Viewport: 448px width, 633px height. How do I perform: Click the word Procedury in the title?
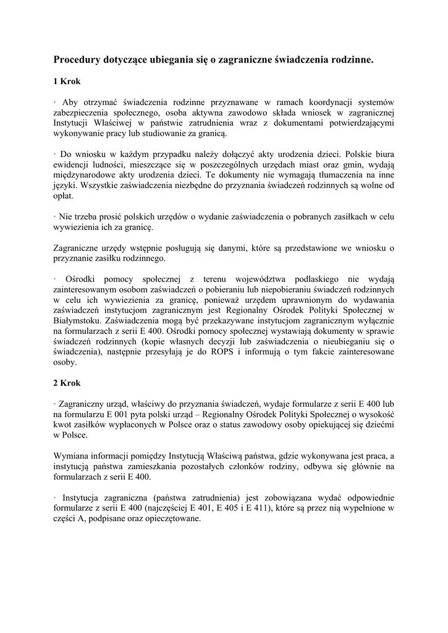78,60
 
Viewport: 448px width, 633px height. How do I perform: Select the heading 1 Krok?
67,81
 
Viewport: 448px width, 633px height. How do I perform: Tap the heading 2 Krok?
67,383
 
